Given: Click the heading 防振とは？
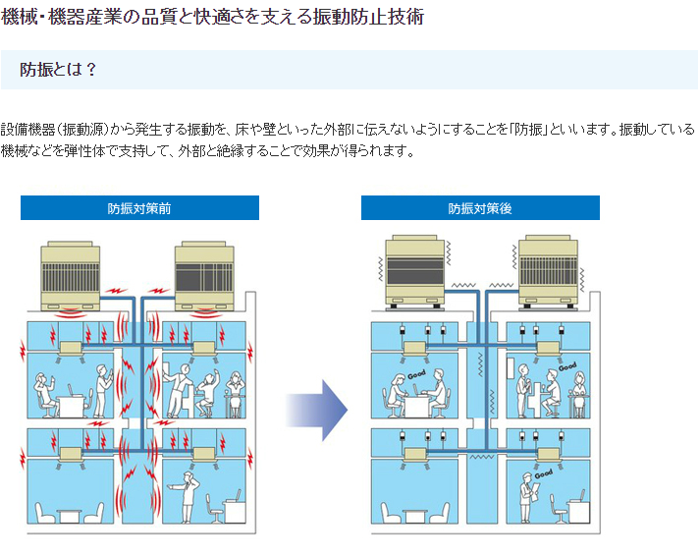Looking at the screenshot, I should [58, 70].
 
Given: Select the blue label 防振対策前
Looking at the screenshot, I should [139, 208].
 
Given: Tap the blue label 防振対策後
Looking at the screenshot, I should [480, 208].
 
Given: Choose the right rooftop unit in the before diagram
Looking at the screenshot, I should [203, 274].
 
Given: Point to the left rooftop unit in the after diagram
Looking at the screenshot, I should [414, 266].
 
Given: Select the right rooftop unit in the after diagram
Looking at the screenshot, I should [548, 266].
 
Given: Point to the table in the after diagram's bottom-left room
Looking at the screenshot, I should [413, 514].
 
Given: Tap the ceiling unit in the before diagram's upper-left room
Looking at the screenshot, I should [74, 349].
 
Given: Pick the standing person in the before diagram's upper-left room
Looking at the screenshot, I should [100, 384].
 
